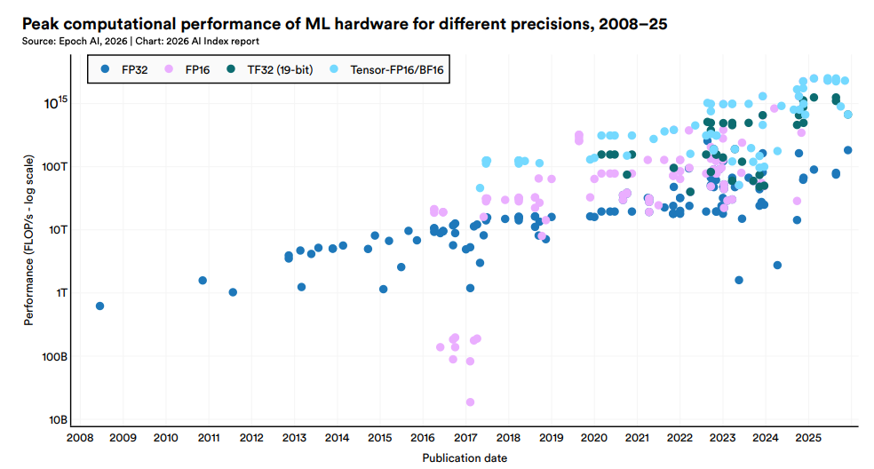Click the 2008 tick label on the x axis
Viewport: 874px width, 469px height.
(80, 438)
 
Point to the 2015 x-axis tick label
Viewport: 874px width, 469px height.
(379, 438)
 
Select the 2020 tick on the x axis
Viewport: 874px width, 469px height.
(594, 438)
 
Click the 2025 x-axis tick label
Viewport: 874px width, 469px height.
(808, 438)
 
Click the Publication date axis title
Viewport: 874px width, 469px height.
(465, 457)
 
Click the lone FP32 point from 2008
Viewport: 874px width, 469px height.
(99, 306)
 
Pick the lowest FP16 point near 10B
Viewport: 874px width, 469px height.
(470, 402)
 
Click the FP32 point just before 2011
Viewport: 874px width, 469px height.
(203, 281)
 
